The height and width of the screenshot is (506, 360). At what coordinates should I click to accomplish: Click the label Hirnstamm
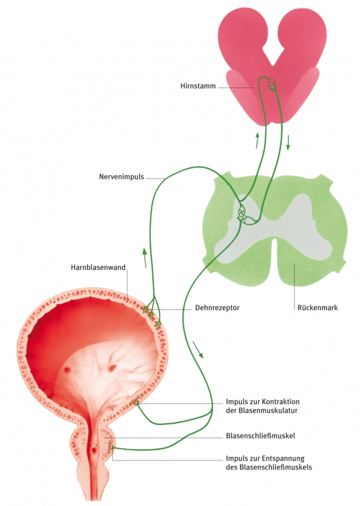pos(197,86)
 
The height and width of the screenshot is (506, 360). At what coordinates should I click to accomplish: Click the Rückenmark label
pos(317,308)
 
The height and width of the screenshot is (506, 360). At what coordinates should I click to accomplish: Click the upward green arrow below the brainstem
pos(257,140)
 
